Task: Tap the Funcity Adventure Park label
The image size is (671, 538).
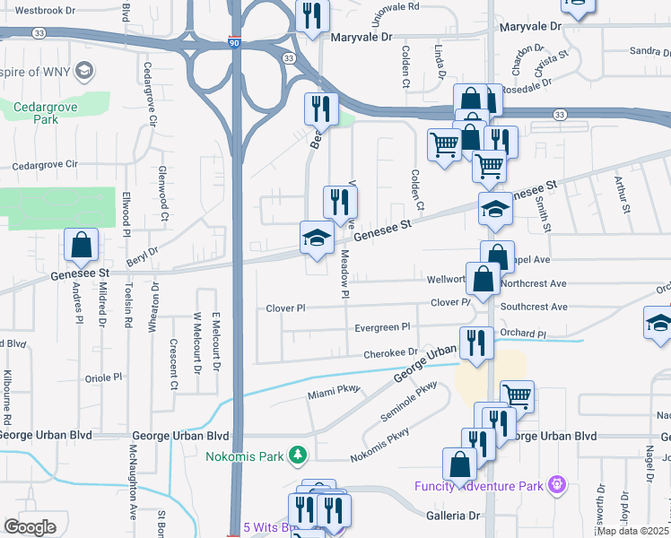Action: (x=480, y=486)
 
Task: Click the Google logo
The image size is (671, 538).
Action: (x=30, y=527)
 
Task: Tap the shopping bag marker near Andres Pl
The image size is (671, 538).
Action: (x=82, y=245)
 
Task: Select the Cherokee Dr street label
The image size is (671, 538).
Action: (x=390, y=354)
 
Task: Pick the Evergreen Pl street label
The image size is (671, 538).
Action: (x=382, y=327)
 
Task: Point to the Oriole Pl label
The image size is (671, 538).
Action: (x=103, y=378)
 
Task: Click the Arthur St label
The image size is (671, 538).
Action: (x=619, y=195)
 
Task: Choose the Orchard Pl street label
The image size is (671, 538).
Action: (x=524, y=334)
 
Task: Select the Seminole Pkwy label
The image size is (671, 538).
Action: (x=408, y=398)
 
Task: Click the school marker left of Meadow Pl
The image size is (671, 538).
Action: (x=316, y=239)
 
